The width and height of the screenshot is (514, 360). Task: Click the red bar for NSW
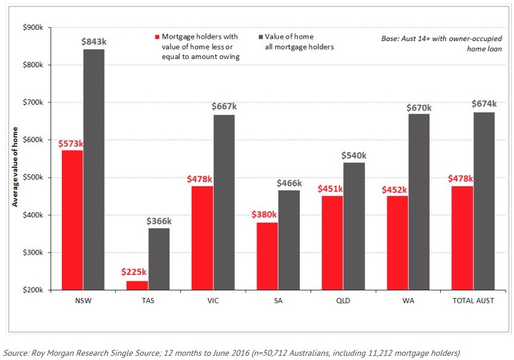pyautogui.click(x=72, y=220)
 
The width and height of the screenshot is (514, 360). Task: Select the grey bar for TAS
pyautogui.click(x=159, y=259)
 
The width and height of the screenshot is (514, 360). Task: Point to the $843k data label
pyautogui.click(x=93, y=42)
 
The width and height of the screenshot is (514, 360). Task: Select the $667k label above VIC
pyautogui.click(x=224, y=107)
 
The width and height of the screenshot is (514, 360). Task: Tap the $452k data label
pyautogui.click(x=395, y=190)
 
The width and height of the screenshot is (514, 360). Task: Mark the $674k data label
pyautogui.click(x=484, y=104)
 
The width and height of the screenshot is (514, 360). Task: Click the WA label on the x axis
pyautogui.click(x=408, y=300)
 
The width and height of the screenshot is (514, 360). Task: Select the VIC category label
pyautogui.click(x=212, y=300)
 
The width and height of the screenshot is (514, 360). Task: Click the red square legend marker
pyautogui.click(x=157, y=37)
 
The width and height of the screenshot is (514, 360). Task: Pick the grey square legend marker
pyautogui.click(x=261, y=37)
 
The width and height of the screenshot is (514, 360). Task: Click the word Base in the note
pyautogui.click(x=390, y=39)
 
